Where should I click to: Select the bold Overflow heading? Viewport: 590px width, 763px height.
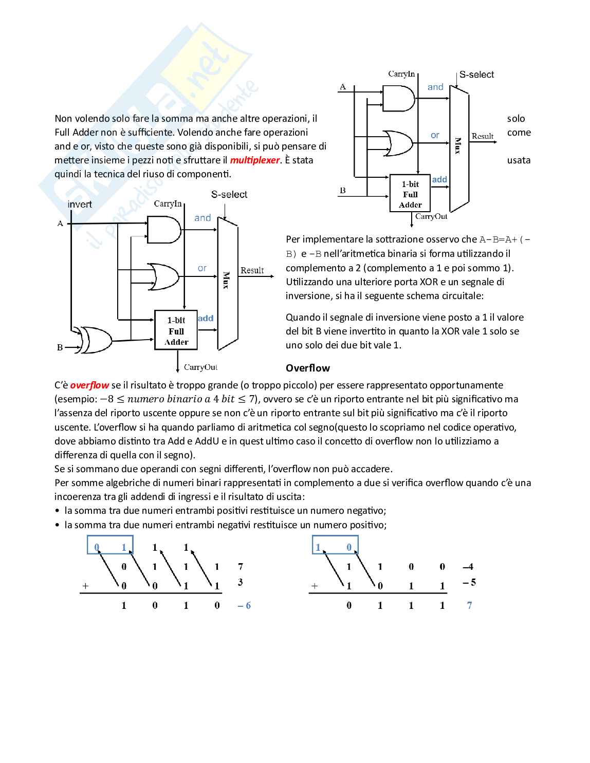(x=308, y=368)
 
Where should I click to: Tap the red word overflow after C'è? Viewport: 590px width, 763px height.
(x=89, y=385)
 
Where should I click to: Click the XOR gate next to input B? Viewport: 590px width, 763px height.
(x=95, y=339)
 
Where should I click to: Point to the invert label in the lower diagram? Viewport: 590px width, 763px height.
(x=80, y=204)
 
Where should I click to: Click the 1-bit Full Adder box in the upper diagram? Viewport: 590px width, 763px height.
(x=410, y=194)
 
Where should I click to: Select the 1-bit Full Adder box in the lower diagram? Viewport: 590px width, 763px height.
(x=176, y=330)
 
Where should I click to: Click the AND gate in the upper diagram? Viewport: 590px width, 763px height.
(x=398, y=98)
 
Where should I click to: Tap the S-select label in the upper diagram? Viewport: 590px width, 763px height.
(x=476, y=75)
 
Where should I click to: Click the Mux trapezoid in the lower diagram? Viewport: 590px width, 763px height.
(x=228, y=284)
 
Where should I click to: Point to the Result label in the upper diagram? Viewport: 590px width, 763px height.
(x=483, y=136)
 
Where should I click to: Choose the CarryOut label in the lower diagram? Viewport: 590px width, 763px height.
(x=200, y=367)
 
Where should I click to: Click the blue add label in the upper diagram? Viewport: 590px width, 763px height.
(x=439, y=179)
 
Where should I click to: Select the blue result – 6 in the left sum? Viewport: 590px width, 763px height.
(x=244, y=606)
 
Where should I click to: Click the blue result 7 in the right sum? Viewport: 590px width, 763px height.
(x=469, y=605)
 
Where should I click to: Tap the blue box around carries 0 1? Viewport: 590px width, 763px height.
(x=110, y=545)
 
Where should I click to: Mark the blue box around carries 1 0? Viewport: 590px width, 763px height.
(x=335, y=545)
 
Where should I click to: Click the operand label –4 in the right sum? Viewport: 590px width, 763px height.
(x=468, y=567)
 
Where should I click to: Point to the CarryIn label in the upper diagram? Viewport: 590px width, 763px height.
(x=401, y=74)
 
